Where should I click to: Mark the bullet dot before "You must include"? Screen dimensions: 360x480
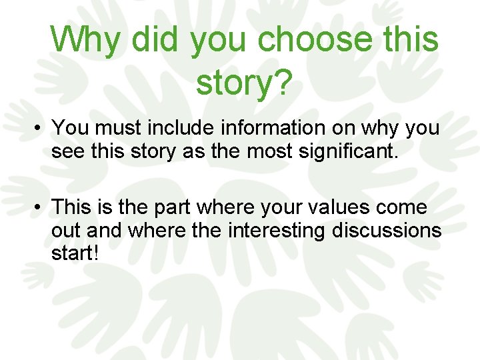pyautogui.click(x=41, y=128)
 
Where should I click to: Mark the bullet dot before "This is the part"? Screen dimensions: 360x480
pyautogui.click(x=41, y=208)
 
